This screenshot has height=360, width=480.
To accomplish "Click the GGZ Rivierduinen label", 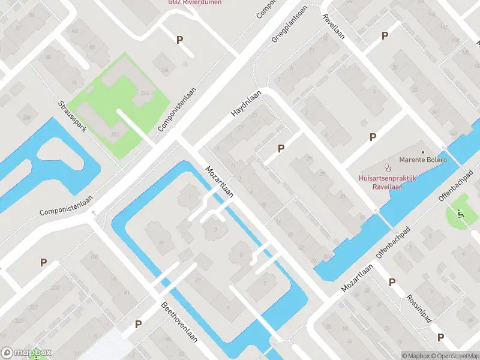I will [190, 2].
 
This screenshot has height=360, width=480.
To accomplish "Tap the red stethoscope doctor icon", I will [388, 168].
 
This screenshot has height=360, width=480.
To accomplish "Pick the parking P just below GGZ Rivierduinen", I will [179, 40].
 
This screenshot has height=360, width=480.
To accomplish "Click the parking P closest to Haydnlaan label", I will [280, 148].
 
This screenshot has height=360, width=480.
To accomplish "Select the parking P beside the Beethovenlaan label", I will [138, 324].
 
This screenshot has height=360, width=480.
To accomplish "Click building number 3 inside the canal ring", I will [215, 229].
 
